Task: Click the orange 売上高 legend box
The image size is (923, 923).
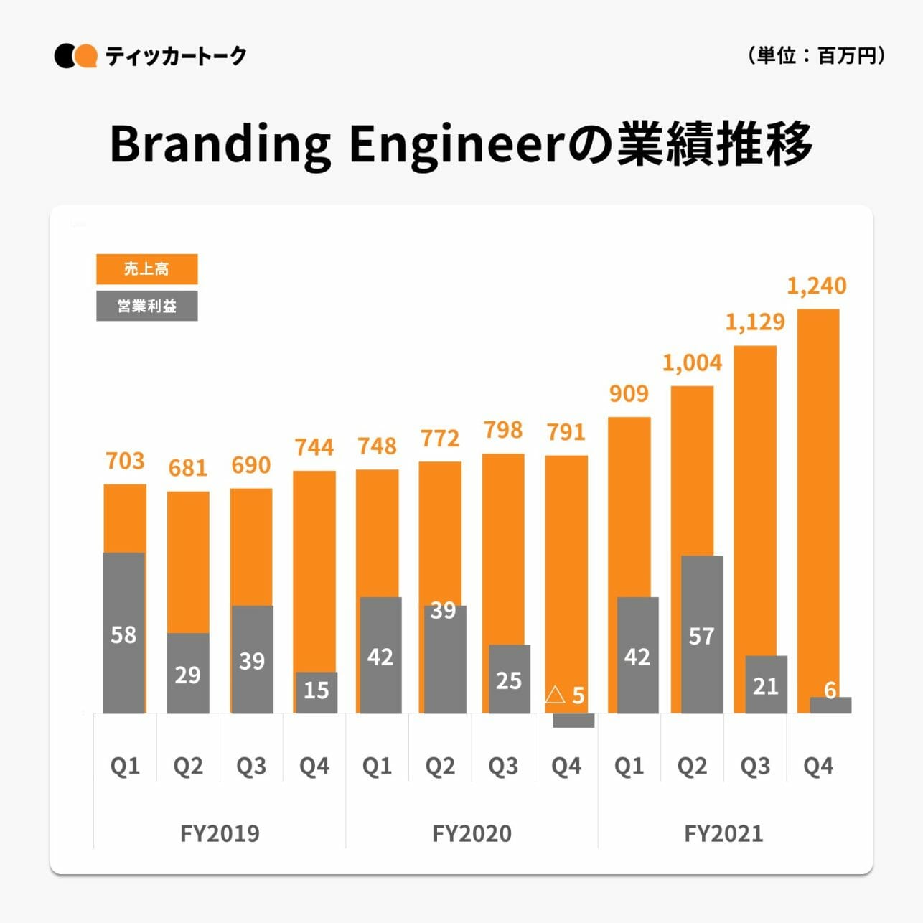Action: [x=146, y=269]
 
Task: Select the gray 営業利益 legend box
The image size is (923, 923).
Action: [x=146, y=306]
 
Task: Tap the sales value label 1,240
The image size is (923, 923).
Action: [x=817, y=286]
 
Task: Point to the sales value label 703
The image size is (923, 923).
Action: [x=125, y=461]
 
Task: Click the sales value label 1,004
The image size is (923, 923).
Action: [x=692, y=363]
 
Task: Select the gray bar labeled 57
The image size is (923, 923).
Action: [x=702, y=634]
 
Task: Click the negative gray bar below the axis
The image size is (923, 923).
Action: [x=573, y=721]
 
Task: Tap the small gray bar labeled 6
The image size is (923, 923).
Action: [x=830, y=705]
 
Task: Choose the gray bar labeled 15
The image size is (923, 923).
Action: [x=316, y=692]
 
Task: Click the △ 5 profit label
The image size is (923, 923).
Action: [x=565, y=695]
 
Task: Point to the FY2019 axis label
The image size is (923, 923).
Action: [x=220, y=833]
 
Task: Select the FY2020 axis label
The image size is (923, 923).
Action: [x=472, y=833]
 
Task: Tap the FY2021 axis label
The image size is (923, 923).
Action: [x=723, y=833]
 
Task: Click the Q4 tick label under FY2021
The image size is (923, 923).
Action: [x=818, y=767]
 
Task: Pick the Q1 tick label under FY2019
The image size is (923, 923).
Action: [x=125, y=767]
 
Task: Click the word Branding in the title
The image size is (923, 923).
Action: [x=220, y=144]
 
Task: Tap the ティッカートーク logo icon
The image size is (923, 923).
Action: [x=75, y=56]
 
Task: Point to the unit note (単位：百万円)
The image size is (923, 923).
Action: [x=816, y=55]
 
